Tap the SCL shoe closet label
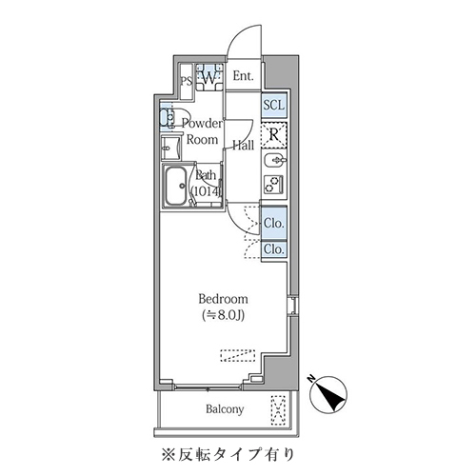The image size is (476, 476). coord(273,104)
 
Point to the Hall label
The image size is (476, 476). coord(243,146)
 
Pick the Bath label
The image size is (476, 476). coord(206,175)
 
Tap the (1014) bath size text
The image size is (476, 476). coord(206,190)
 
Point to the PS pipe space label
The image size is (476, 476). coord(187,81)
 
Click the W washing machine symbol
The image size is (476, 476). coord(209,78)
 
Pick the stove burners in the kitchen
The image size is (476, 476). coord(273,182)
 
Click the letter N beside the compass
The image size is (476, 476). coord(311,380)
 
